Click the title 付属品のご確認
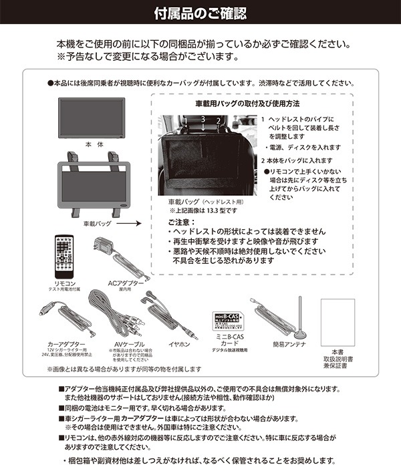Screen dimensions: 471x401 200,13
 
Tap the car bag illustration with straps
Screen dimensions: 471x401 92,183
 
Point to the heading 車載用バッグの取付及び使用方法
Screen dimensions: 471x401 247,104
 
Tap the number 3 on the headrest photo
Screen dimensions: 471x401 202,119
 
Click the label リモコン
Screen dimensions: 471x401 64,284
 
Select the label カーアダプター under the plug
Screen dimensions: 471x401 64,343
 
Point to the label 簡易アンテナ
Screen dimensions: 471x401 289,343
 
